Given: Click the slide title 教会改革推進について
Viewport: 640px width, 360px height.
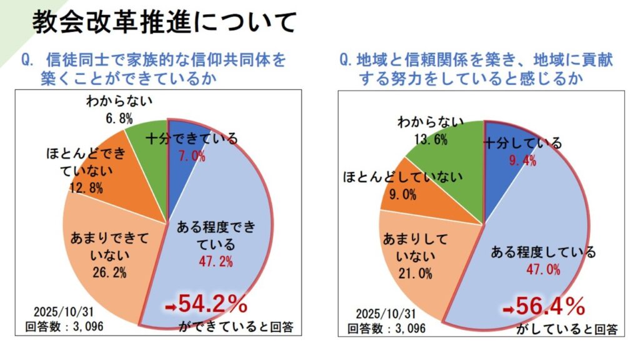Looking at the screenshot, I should pyautogui.click(x=164, y=23).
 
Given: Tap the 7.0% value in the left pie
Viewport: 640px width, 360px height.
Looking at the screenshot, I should pyautogui.click(x=192, y=156).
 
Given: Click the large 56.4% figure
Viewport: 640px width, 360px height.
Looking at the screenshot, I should pyautogui.click(x=551, y=306).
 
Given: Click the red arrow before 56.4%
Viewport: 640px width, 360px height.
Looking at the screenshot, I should pyautogui.click(x=508, y=309).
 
